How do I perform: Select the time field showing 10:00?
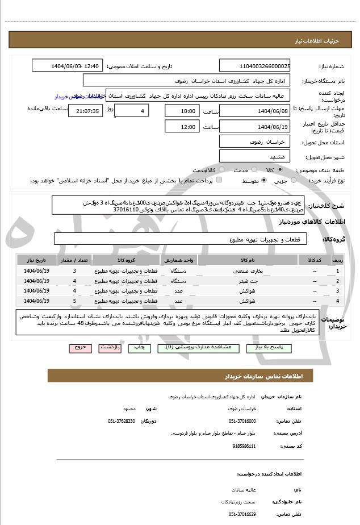tap(181, 111)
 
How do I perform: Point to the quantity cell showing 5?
tap(74, 301)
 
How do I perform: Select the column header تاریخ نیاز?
tap(38, 260)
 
